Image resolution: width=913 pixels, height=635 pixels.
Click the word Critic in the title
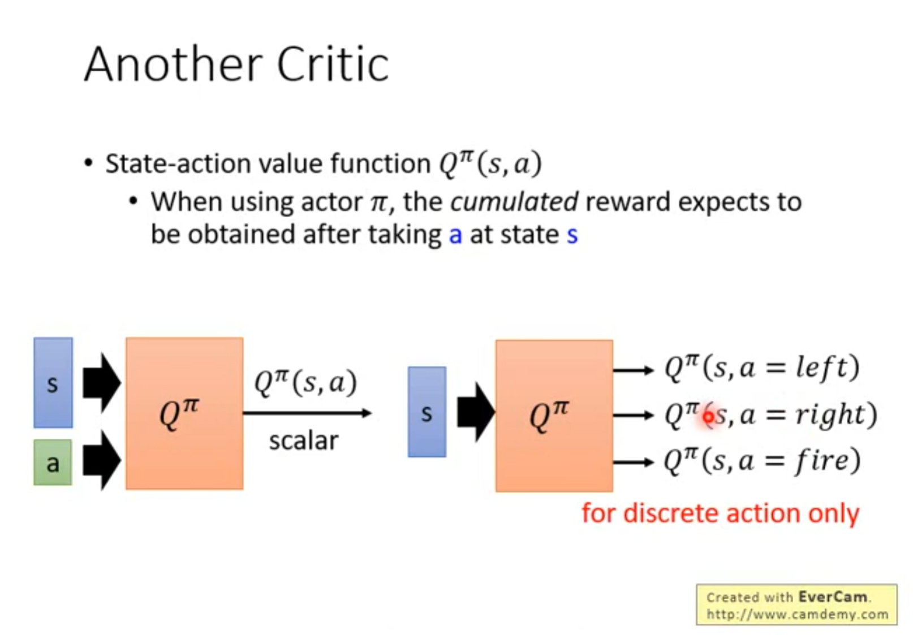click(x=333, y=64)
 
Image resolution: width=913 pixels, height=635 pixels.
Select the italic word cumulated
click(x=514, y=202)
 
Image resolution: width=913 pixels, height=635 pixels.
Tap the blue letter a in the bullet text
click(x=455, y=235)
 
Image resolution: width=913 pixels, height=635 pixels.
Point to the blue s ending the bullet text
click(x=572, y=235)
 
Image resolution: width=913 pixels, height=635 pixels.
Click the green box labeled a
click(x=53, y=463)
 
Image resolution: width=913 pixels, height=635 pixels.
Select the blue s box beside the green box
click(x=53, y=382)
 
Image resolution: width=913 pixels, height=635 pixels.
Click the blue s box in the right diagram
click(x=427, y=412)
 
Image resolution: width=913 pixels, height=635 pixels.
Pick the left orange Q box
click(x=184, y=413)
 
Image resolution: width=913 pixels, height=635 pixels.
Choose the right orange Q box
click(x=554, y=416)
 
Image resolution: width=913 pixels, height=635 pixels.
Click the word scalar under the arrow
click(x=304, y=440)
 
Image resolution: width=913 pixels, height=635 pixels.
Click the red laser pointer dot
click(x=708, y=417)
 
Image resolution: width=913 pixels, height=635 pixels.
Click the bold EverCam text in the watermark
click(x=832, y=597)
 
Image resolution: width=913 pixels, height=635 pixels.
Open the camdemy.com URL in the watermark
click(x=797, y=614)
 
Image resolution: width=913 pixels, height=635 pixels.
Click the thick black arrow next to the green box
click(x=102, y=460)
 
